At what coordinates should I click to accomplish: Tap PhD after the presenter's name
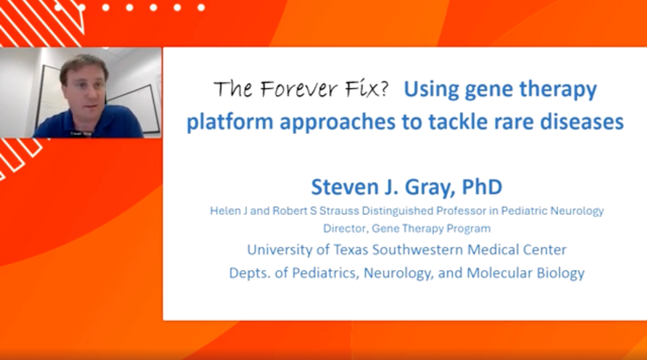pos(482,187)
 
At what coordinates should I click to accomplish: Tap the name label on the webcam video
pos(80,134)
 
